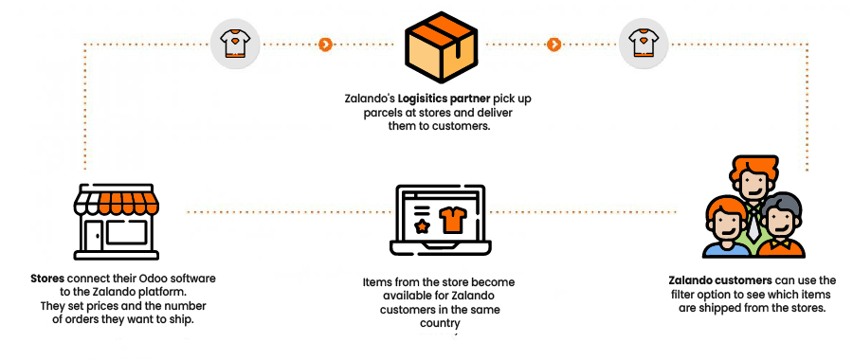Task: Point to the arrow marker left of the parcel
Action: (325, 44)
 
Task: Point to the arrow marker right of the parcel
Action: (554, 44)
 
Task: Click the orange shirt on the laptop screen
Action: (454, 221)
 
